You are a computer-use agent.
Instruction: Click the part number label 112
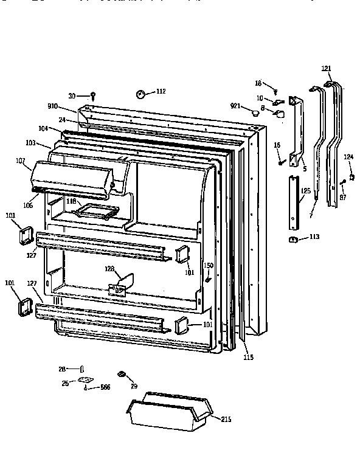click(x=160, y=92)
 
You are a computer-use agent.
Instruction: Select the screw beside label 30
click(x=92, y=95)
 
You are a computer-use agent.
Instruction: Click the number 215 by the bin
click(x=226, y=419)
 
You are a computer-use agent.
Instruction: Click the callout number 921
click(x=237, y=106)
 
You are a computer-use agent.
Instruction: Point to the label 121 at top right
click(x=326, y=68)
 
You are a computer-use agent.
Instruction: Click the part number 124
click(x=348, y=157)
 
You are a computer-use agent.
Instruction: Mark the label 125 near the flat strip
click(x=306, y=191)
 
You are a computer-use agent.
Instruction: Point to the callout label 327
click(x=32, y=255)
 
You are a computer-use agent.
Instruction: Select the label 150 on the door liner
click(x=208, y=265)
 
